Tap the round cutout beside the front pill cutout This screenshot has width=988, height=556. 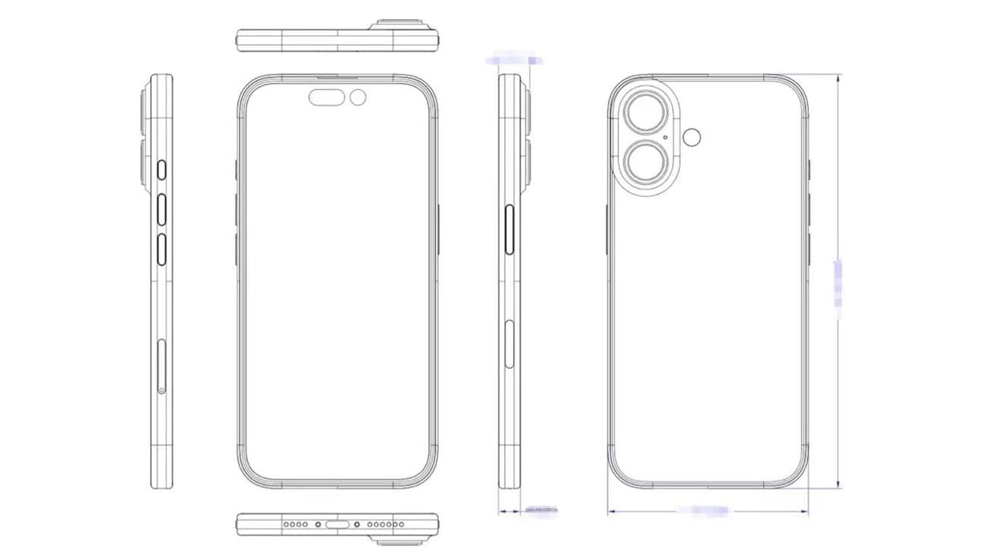358,97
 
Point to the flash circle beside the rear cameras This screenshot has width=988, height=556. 692,137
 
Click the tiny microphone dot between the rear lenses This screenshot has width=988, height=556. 666,138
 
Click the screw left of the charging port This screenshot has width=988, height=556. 318,524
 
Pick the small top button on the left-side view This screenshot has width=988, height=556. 161,170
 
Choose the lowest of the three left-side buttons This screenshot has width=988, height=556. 161,249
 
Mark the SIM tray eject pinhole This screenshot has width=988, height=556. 161,390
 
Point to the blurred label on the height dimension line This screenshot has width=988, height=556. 838,283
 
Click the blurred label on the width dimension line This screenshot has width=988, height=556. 706,510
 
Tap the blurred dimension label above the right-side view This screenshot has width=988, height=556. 515,59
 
